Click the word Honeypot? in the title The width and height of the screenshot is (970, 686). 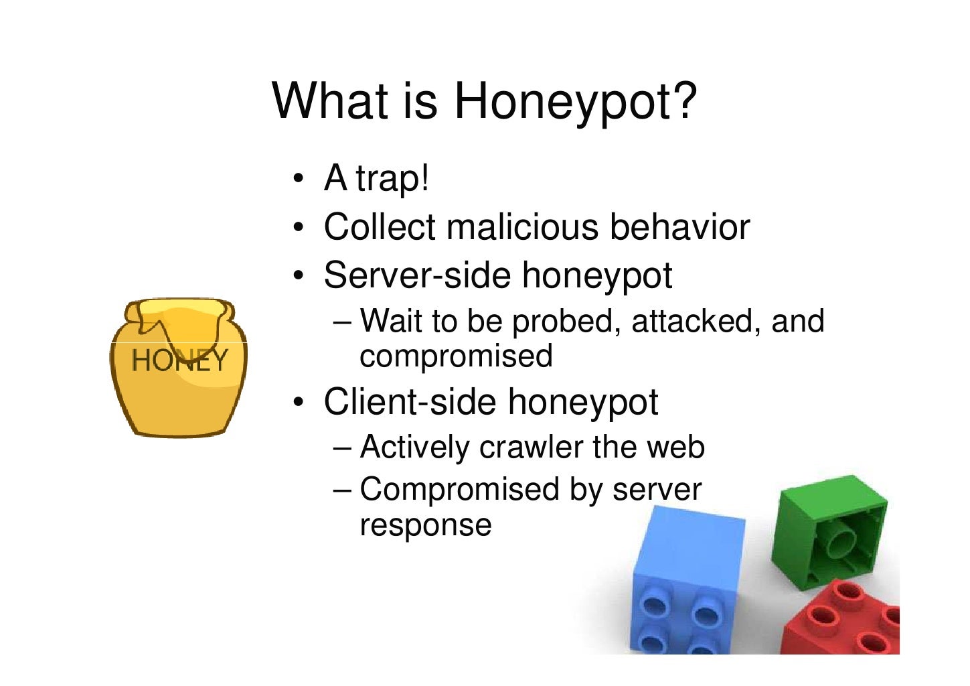tap(575, 101)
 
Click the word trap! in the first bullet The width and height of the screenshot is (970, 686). tap(392, 179)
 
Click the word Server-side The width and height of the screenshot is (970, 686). tap(416, 275)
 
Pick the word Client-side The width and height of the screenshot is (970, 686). tap(409, 401)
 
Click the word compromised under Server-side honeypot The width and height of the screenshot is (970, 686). tap(456, 356)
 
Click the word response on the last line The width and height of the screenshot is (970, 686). tap(426, 525)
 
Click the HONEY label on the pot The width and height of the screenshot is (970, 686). tap(179, 360)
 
